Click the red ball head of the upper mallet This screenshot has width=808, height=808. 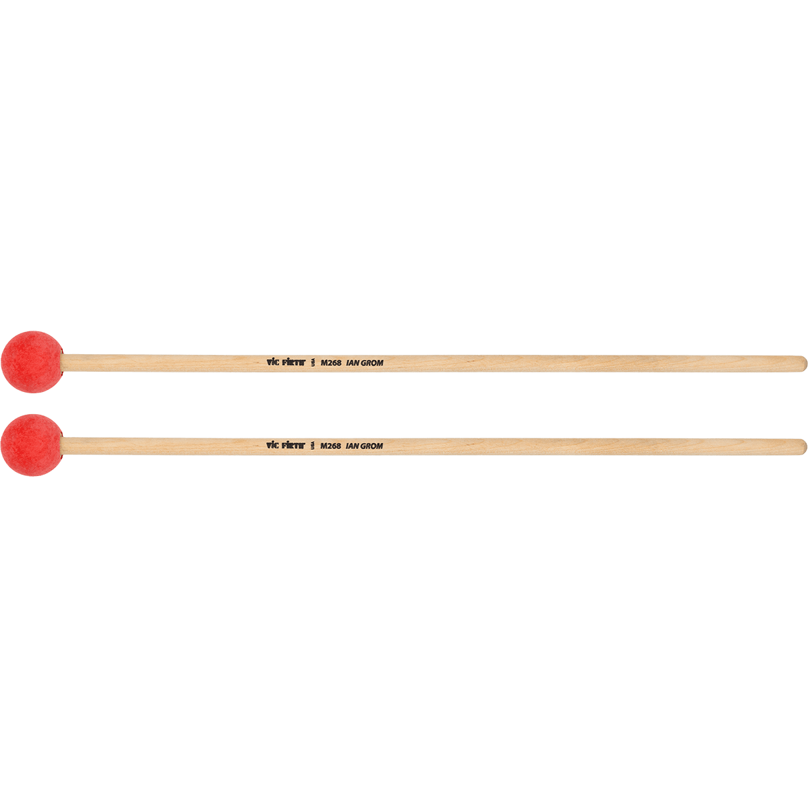point(32,362)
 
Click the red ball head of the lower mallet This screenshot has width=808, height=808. point(31,445)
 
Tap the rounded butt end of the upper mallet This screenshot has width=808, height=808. point(802,364)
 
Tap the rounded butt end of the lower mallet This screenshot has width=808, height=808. point(802,446)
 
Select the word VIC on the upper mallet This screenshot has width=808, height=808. point(273,362)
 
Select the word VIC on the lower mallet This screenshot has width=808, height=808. point(273,446)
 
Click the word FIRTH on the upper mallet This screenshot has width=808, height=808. point(294,362)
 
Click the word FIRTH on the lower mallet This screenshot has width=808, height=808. point(294,446)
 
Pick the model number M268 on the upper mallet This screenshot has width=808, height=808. point(331,362)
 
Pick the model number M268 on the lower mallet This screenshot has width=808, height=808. point(331,446)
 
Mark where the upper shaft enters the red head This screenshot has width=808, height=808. point(63,362)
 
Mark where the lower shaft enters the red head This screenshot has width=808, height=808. point(63,446)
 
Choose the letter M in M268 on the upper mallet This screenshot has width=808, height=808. point(324,362)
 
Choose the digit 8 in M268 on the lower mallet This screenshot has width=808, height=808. point(339,446)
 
